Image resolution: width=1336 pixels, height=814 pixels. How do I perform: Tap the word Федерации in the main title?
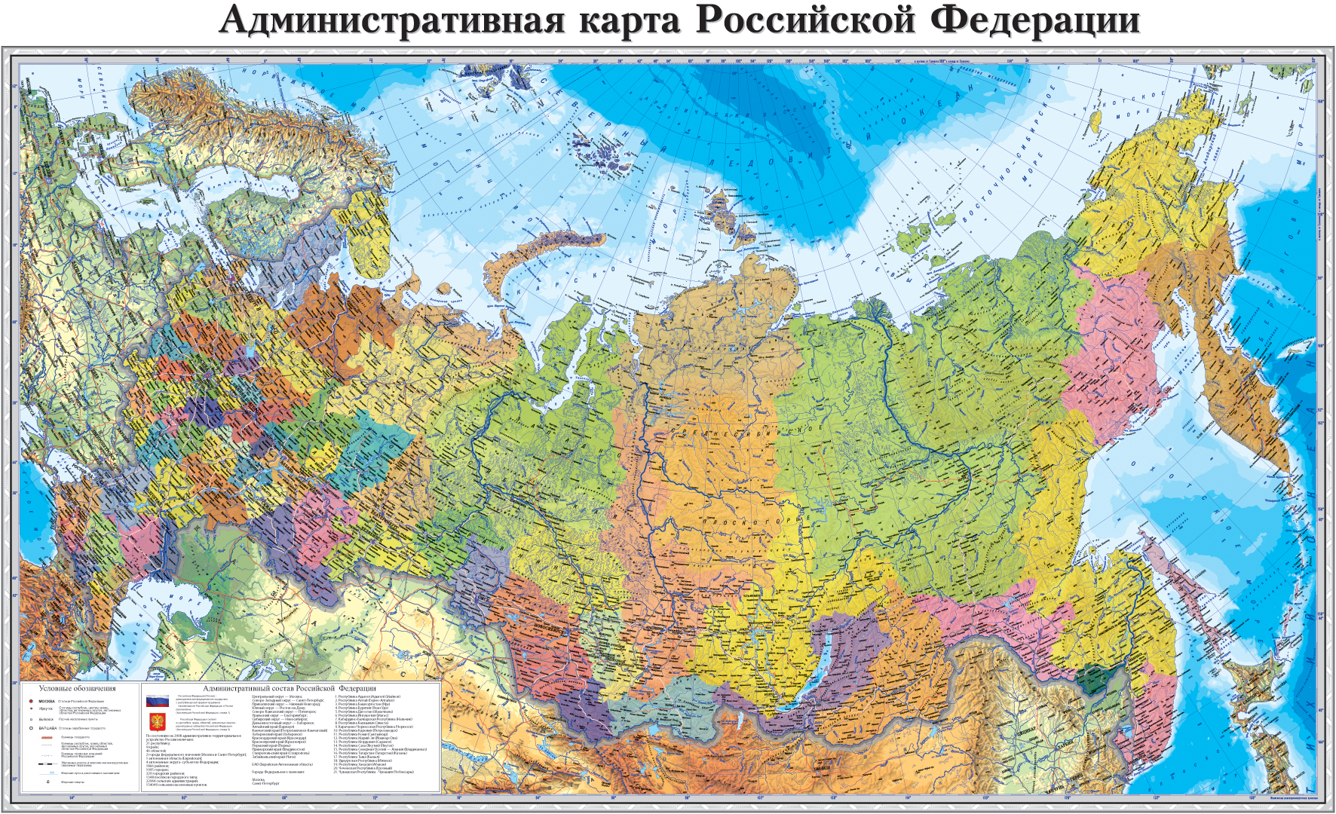tap(1034, 20)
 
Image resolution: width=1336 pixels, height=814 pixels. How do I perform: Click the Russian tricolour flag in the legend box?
tap(157, 700)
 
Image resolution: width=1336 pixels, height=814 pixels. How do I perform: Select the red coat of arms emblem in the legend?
tap(157, 721)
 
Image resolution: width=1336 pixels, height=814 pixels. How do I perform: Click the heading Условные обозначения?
tap(78, 688)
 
